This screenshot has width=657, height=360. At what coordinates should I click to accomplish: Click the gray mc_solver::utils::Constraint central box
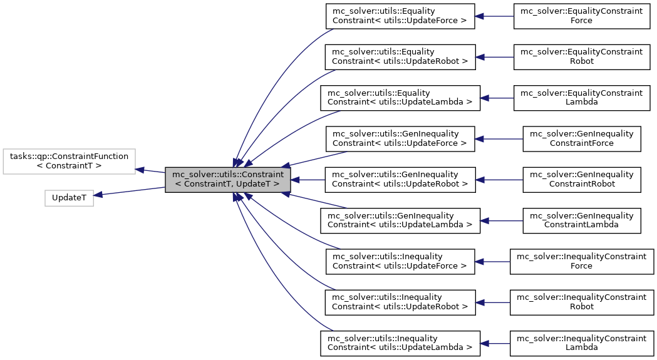(x=228, y=180)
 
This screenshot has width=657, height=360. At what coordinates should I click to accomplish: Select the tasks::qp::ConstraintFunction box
(x=69, y=162)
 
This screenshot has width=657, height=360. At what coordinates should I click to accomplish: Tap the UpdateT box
(x=69, y=197)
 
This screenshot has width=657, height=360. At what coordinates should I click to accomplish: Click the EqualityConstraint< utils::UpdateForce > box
(x=400, y=16)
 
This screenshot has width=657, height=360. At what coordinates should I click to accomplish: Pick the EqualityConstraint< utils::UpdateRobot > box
(x=400, y=57)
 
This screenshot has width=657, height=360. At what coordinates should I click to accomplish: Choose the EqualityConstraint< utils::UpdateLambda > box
(x=400, y=98)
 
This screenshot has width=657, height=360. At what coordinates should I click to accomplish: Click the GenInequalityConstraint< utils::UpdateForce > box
(x=400, y=139)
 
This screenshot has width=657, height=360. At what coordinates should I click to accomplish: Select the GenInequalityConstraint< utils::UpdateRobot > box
(x=400, y=180)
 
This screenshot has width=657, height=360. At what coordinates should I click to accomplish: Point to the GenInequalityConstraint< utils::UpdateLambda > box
(x=400, y=220)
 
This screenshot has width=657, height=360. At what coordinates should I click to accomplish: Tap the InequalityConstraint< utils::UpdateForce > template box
(x=400, y=261)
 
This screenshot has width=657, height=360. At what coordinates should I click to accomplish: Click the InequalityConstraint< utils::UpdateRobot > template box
(x=400, y=302)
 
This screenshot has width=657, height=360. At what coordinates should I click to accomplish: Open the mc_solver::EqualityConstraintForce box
(x=581, y=16)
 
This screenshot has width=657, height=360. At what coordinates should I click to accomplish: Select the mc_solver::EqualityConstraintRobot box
(x=581, y=57)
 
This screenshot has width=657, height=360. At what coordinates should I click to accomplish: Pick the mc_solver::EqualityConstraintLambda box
(x=581, y=98)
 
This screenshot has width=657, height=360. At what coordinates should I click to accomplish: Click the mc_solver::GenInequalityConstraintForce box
(x=581, y=139)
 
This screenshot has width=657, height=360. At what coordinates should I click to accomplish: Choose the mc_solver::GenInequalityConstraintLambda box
(x=581, y=220)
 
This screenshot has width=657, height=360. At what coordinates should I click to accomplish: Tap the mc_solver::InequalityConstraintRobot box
(x=581, y=302)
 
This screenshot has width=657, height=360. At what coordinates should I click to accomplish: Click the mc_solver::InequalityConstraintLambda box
(x=581, y=342)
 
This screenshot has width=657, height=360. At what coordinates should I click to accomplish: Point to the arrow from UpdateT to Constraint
(x=129, y=191)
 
